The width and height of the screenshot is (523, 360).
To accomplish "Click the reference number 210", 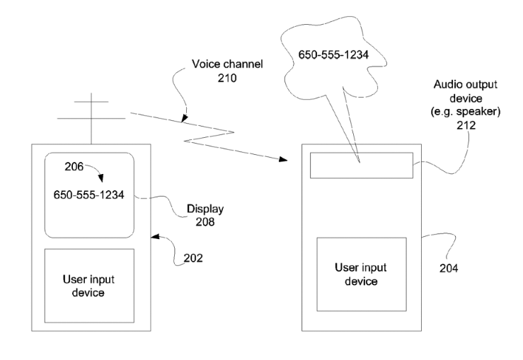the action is click(x=227, y=78).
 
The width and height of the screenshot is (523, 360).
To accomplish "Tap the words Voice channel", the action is click(x=227, y=64).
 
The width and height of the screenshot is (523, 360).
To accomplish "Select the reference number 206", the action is click(x=74, y=166).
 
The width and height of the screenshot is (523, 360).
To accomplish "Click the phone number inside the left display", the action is click(x=88, y=194).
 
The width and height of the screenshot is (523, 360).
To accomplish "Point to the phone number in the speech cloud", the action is click(x=333, y=54).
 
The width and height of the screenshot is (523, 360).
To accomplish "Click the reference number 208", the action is click(x=205, y=221).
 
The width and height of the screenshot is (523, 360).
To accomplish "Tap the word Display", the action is click(x=205, y=209).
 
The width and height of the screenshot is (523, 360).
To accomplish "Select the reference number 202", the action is click(x=193, y=258).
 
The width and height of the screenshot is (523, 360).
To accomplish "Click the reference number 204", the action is click(x=449, y=268).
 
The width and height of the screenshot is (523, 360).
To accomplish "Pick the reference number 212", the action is click(x=466, y=125).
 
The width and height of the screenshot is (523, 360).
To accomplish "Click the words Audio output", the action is click(x=465, y=84).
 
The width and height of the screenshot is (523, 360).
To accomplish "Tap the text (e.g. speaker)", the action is click(x=465, y=111).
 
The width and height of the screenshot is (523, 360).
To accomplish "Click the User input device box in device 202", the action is click(x=89, y=286).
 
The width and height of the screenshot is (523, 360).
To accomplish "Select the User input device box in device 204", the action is click(x=362, y=274).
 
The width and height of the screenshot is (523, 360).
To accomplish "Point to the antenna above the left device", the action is click(x=91, y=119).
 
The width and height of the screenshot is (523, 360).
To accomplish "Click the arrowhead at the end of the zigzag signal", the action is click(x=283, y=159).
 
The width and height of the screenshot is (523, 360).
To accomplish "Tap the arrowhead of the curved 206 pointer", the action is click(x=100, y=178).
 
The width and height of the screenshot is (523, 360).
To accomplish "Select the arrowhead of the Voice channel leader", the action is click(x=184, y=118).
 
